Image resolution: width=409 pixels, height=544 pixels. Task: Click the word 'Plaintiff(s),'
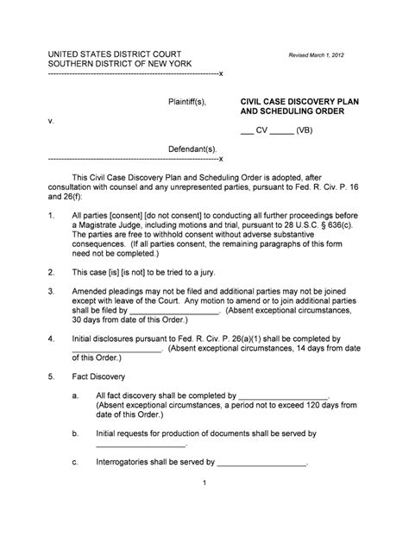tap(187, 101)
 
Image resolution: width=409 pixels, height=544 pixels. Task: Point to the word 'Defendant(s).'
tap(192, 149)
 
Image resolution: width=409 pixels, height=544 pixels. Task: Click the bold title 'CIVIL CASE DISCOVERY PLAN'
tap(298, 101)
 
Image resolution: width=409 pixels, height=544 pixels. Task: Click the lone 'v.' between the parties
tap(50, 121)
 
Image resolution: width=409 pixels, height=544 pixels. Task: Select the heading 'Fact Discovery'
tap(98, 377)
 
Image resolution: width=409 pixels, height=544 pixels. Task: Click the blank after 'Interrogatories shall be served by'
tap(263, 462)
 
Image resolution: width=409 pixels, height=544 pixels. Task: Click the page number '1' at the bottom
tap(204, 484)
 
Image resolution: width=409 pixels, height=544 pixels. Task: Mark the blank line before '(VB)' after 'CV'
tap(281, 132)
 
